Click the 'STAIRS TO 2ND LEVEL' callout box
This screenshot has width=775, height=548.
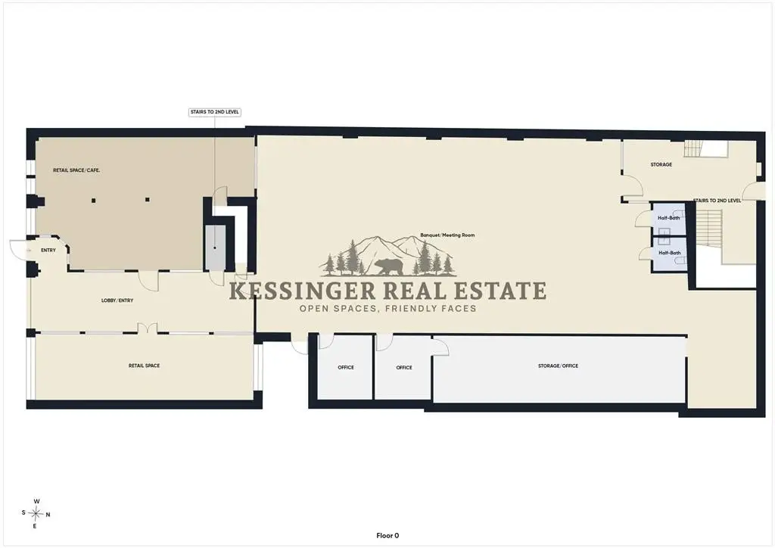(x=214, y=112)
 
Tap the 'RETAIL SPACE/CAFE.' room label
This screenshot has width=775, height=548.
(x=76, y=170)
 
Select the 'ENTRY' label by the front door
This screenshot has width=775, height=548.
(x=48, y=251)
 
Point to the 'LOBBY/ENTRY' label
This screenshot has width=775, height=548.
(x=117, y=300)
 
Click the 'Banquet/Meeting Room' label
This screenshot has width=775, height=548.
(x=447, y=235)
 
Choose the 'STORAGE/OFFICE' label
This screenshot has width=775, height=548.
(x=558, y=366)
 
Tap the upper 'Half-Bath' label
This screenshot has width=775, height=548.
(x=669, y=218)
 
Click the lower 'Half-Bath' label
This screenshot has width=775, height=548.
(x=670, y=253)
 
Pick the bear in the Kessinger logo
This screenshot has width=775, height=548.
(x=389, y=267)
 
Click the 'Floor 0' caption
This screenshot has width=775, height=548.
(x=387, y=536)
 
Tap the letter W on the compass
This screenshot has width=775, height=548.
(x=36, y=502)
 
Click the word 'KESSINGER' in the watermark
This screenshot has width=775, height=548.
(x=303, y=291)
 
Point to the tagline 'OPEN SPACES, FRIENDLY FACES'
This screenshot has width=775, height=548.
(x=388, y=309)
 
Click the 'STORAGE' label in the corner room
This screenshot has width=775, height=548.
(x=661, y=164)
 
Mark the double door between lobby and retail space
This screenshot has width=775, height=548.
(x=148, y=328)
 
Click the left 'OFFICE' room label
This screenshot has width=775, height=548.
(x=346, y=368)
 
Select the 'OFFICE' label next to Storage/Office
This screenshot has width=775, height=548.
(x=404, y=368)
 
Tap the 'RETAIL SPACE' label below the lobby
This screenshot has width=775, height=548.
(x=145, y=366)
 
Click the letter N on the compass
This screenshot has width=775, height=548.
(x=48, y=515)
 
